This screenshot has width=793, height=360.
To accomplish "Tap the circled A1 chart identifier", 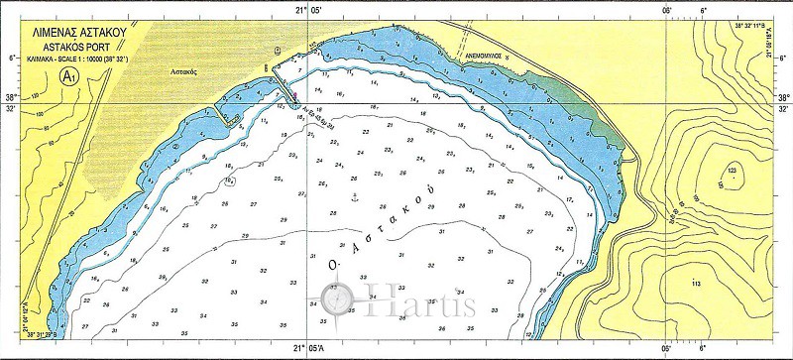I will [x=69, y=75].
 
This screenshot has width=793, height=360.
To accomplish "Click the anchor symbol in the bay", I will [x=354, y=198].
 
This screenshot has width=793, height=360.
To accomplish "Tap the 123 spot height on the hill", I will [x=732, y=173].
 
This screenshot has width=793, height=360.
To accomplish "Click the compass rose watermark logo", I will [x=340, y=297].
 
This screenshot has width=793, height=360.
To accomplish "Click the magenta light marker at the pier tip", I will [x=293, y=94].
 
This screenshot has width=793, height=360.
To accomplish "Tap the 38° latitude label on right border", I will [x=783, y=97].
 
